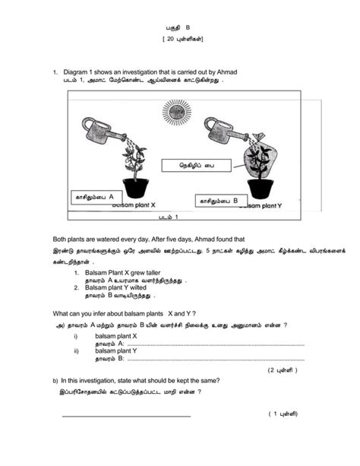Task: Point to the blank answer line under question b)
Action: tap(125, 416)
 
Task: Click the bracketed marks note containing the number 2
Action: tap(283, 370)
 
